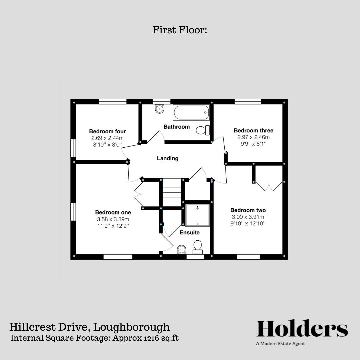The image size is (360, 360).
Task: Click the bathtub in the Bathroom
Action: [191, 113]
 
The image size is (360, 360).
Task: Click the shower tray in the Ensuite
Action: [197, 216]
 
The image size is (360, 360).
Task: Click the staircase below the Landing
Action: [172, 192]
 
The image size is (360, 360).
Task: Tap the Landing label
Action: [168, 158]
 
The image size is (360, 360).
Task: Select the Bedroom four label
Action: [107, 131]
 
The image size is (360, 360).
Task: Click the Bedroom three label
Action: [254, 130]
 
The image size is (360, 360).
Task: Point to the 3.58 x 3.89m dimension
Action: [113, 219]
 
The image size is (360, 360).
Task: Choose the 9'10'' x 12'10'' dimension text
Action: [248, 224]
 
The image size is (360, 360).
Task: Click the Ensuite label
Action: [190, 232]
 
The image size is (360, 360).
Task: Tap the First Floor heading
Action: [180, 30]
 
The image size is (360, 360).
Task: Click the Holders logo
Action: [302, 329]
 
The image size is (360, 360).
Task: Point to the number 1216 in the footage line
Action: [151, 338]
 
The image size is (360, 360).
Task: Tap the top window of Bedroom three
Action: [248, 102]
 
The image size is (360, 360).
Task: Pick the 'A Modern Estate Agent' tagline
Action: [280, 344]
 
